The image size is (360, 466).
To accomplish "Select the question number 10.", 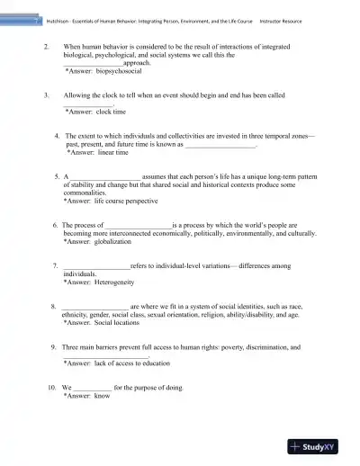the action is click(x=53, y=388).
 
